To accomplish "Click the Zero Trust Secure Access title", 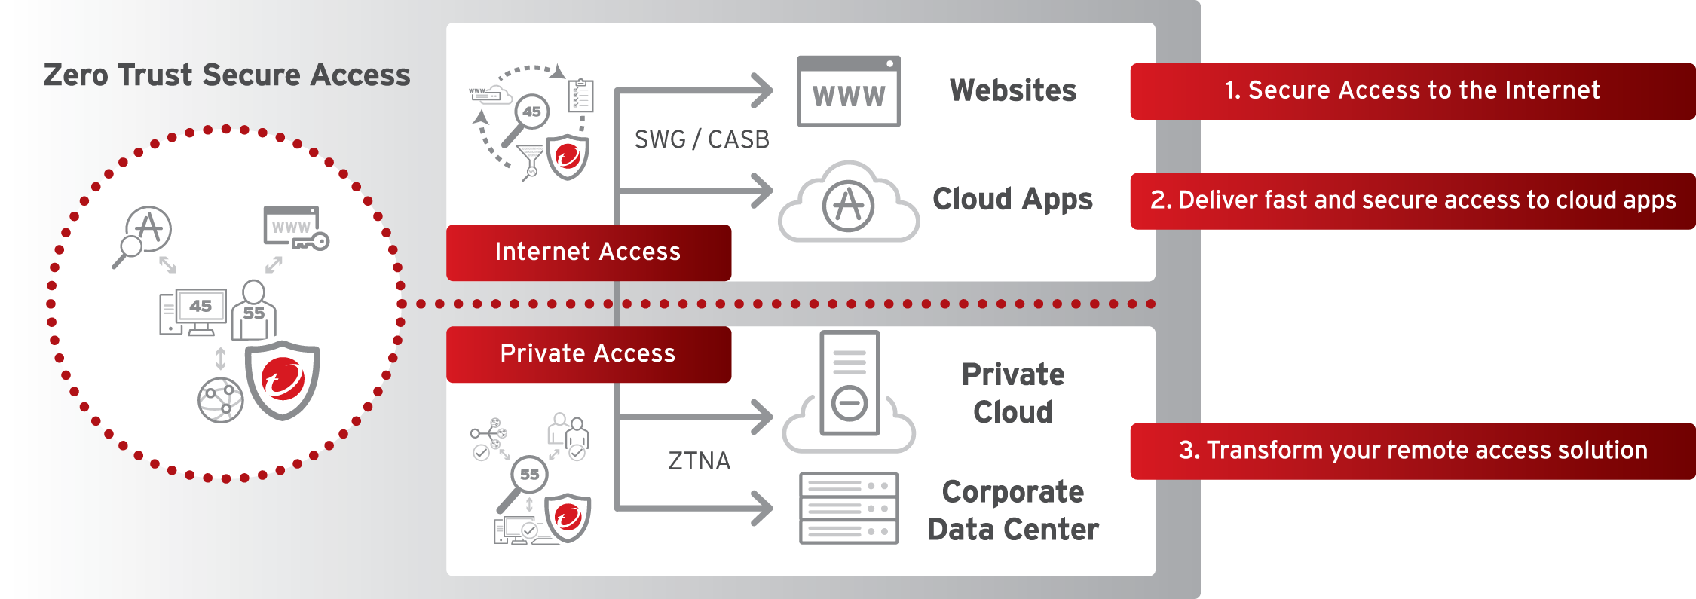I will (226, 75).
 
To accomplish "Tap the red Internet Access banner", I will (588, 252).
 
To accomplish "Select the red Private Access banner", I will (588, 354).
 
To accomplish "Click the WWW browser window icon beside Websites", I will (849, 91).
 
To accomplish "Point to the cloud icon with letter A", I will (849, 204).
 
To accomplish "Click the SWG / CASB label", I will (702, 139).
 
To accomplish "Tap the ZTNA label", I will (699, 460).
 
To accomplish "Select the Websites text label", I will (1013, 90).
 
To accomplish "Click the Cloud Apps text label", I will (1012, 200).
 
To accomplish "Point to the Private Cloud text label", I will (1013, 393).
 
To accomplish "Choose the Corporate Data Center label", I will (1013, 511).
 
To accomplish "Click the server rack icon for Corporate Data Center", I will (849, 508).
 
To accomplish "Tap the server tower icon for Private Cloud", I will (850, 384).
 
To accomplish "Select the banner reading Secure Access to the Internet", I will (1411, 91).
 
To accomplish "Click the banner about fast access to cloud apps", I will (1413, 200).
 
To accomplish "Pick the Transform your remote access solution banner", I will (1413, 451).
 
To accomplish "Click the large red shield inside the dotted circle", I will (283, 379).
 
